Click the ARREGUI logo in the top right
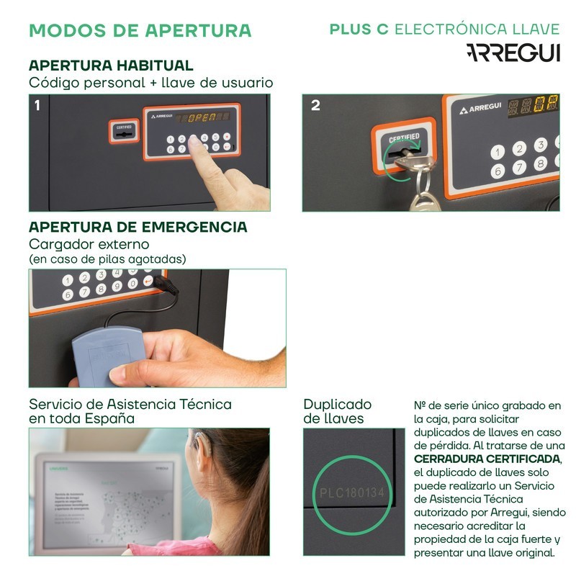(x=513, y=53)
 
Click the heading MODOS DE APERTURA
(x=140, y=30)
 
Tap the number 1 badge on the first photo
(x=37, y=105)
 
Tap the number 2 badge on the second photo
(x=315, y=105)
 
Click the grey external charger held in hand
(x=108, y=353)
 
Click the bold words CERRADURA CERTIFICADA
(x=487, y=459)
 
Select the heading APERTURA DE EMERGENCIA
(x=138, y=227)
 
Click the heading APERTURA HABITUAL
(x=111, y=66)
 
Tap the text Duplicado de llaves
(x=337, y=411)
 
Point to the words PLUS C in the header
(x=359, y=29)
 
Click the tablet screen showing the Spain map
(x=108, y=500)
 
